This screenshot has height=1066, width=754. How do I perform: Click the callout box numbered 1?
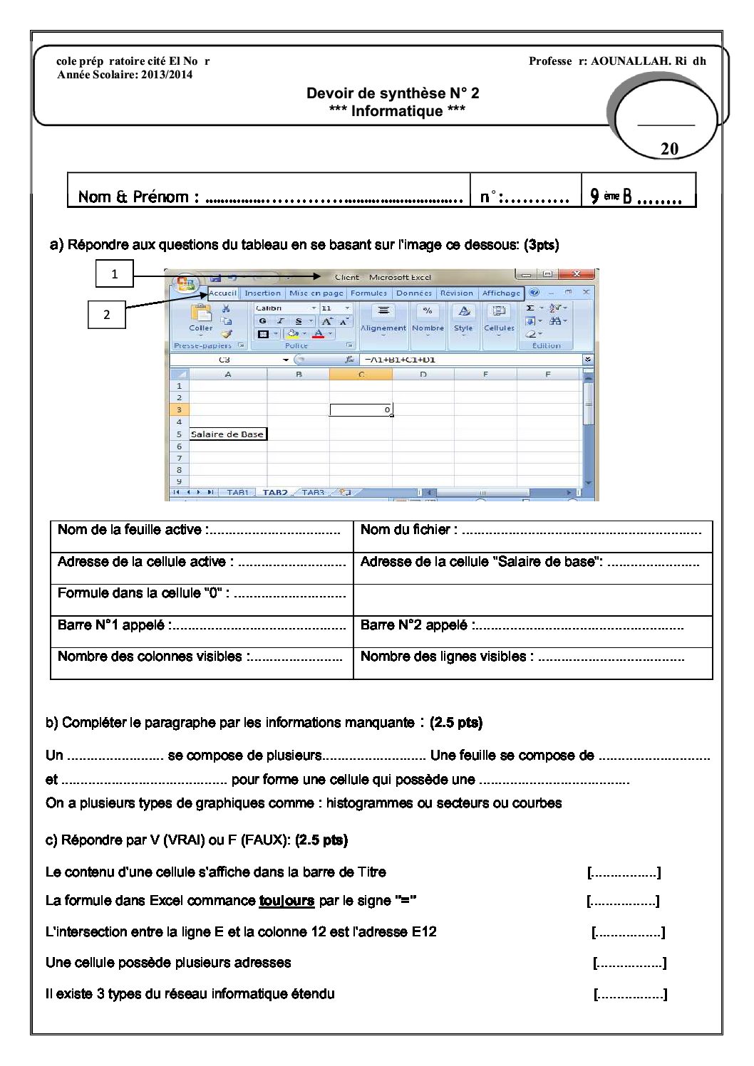(114, 274)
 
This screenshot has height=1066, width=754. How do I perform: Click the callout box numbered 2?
(107, 315)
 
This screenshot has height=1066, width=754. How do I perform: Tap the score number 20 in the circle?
(669, 149)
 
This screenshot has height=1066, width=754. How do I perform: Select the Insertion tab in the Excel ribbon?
(262, 293)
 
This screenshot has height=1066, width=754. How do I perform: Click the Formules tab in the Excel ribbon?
(368, 293)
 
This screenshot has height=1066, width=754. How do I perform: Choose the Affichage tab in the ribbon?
(501, 293)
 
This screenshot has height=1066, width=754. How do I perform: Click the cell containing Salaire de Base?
(227, 434)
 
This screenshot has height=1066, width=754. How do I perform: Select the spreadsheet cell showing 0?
(361, 410)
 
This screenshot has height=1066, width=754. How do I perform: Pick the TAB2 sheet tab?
(275, 492)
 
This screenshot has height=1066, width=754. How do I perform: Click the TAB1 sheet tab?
(237, 492)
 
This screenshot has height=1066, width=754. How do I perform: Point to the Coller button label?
(201, 328)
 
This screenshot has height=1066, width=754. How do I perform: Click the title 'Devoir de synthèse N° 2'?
(393, 93)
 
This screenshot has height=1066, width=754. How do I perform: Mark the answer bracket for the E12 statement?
(628, 932)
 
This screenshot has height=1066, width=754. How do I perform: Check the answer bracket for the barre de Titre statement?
(624, 872)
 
